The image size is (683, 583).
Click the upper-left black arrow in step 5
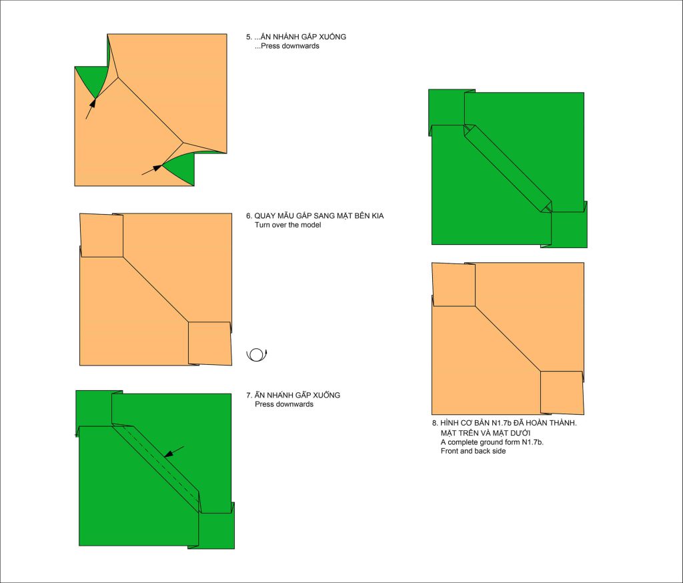point(91,108)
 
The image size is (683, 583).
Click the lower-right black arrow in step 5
point(152,170)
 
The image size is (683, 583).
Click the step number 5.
point(249,37)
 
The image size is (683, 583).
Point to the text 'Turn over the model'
point(288,225)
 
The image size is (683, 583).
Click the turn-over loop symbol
point(257,355)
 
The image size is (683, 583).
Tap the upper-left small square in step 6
point(101,235)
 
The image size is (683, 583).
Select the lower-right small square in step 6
point(209,344)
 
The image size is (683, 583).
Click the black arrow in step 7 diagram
point(174,452)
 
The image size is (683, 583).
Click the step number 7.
point(249,395)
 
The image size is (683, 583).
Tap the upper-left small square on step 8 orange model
point(454,285)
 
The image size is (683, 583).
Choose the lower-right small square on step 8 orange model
point(562,393)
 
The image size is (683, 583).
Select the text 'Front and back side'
point(473,451)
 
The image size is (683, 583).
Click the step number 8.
point(435,423)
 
